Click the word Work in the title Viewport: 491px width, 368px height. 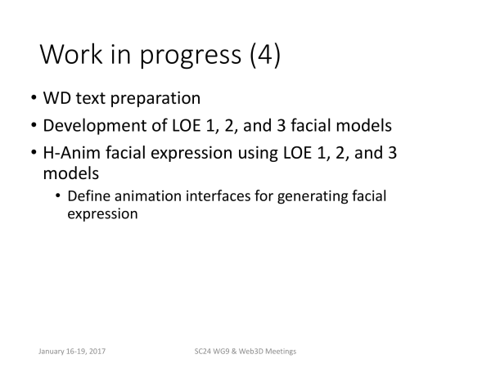71,54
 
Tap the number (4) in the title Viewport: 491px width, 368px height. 265,55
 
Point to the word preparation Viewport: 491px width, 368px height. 155,99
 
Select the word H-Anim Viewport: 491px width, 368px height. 72,153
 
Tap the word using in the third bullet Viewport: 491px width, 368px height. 258,155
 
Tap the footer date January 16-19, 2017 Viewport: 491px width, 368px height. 72,351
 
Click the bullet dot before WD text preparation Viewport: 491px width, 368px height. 34,97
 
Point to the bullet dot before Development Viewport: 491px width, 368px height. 34,125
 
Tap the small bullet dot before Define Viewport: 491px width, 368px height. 57,196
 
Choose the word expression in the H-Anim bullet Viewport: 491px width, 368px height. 191,155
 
